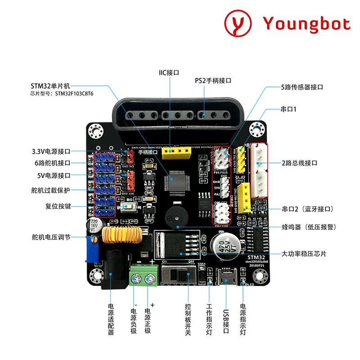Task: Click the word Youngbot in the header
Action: [306, 23]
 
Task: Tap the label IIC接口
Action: [169, 72]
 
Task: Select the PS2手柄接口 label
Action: [213, 81]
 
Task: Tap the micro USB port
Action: [225, 276]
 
